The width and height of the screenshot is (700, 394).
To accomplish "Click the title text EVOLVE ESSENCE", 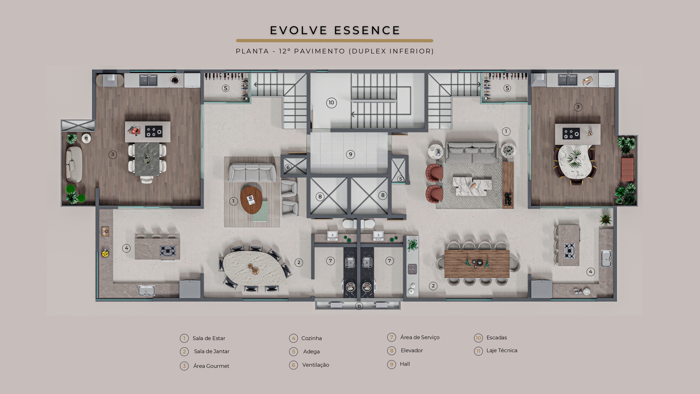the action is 335,30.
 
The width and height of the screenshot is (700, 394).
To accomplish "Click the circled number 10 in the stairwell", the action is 331,103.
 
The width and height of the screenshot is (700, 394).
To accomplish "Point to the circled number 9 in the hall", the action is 350,155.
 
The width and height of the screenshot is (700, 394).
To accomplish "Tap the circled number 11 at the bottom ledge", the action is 359,306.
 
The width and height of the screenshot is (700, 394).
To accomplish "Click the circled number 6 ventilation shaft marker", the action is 288,167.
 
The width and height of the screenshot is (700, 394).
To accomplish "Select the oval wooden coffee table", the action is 251,200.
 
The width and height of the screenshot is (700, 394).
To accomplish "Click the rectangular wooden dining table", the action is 477,264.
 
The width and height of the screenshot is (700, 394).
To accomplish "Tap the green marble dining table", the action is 147,159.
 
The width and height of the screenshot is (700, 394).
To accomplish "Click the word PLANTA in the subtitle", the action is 252,51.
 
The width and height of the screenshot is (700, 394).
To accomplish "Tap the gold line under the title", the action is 335,41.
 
